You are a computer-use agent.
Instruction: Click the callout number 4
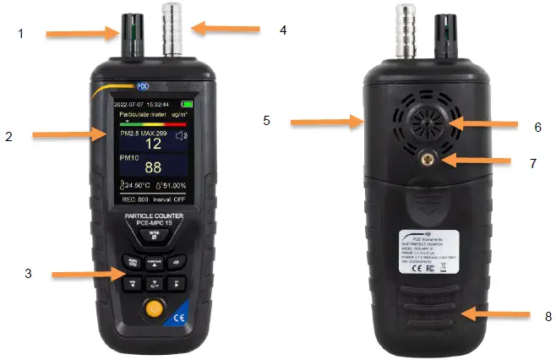(284, 30)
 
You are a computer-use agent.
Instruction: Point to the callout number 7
(532, 163)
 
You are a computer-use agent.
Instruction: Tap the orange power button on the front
(153, 310)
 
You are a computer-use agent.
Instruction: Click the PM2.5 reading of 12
(152, 145)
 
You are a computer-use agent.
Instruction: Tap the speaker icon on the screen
(181, 135)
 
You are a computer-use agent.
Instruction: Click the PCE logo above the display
(142, 86)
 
